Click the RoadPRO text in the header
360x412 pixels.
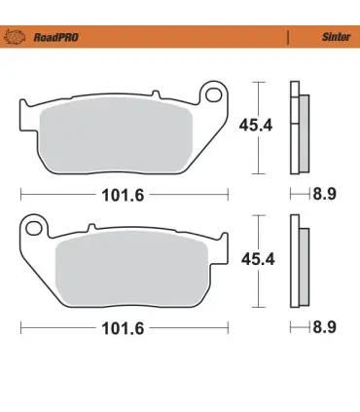[x=55, y=37]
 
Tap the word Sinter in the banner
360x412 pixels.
[x=336, y=37]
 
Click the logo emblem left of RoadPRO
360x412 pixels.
[x=15, y=37]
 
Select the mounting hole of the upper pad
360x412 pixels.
[x=213, y=94]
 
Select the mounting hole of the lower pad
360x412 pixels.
[x=34, y=228]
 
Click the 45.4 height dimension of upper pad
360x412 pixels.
[x=256, y=126]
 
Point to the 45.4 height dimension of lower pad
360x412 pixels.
[x=258, y=259]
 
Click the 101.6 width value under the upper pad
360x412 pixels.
[x=123, y=195]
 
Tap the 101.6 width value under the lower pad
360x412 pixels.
[x=123, y=328]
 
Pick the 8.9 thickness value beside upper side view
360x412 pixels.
[x=324, y=194]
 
